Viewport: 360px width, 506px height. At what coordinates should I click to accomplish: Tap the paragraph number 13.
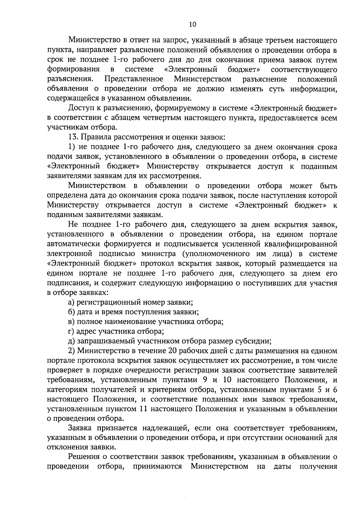pos(73,137)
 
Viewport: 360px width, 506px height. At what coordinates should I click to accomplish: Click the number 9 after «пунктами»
pos(205,380)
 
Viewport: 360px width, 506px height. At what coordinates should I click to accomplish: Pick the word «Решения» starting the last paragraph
pos(85,457)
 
